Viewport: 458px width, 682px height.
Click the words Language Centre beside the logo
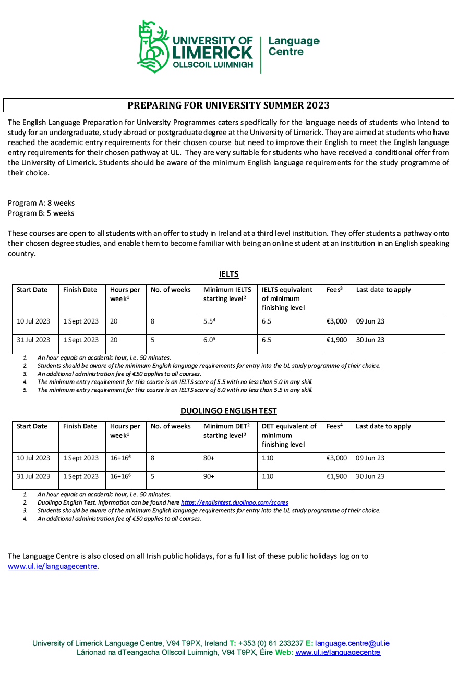click(293, 46)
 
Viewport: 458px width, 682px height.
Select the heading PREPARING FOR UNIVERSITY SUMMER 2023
click(228, 105)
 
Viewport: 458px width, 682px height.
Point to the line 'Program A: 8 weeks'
click(41, 203)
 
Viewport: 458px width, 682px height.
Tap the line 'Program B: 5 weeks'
click(41, 213)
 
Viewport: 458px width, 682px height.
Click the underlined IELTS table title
click(228, 274)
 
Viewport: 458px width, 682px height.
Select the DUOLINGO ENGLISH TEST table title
click(228, 411)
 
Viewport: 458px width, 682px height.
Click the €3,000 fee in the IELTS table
click(336, 321)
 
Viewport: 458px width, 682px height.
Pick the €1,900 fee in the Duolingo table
click(336, 476)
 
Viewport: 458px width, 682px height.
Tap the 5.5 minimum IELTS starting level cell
click(209, 321)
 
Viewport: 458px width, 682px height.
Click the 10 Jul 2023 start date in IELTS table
click(33, 321)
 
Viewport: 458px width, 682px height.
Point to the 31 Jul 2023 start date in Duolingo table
click(33, 476)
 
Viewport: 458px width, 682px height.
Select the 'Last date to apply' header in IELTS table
click(383, 290)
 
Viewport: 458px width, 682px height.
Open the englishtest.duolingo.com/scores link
click(235, 502)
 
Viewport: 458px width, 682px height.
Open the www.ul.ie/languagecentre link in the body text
click(52, 566)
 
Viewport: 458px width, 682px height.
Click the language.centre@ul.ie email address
click(352, 643)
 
